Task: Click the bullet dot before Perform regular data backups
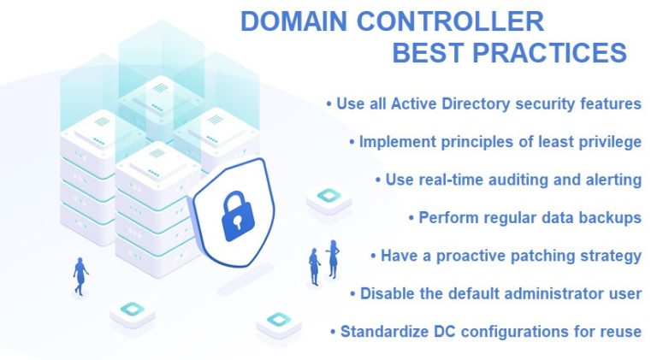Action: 411,218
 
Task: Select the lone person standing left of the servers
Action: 80,276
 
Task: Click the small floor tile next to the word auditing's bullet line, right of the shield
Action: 328,198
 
